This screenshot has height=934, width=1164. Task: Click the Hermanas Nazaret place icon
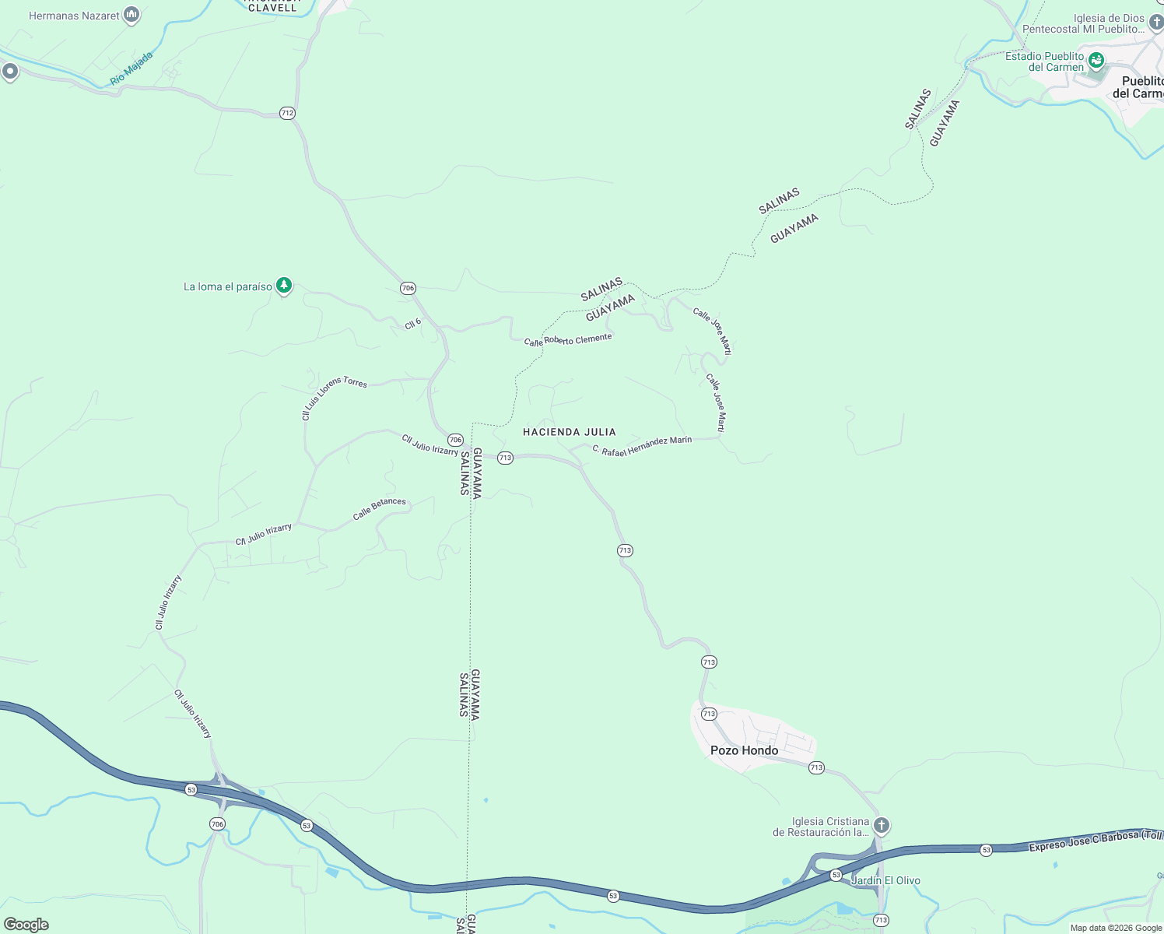tap(131, 15)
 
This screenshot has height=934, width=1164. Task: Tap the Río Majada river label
tap(131, 68)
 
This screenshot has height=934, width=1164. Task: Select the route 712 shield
tap(287, 113)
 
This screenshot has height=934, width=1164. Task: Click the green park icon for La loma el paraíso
tap(285, 286)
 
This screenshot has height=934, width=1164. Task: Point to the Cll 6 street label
tap(413, 324)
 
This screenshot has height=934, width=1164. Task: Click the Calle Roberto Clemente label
tap(568, 340)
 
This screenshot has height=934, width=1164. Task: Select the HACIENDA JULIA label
tap(570, 432)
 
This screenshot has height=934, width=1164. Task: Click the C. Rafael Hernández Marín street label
tap(642, 446)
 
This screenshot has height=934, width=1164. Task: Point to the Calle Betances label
tap(380, 508)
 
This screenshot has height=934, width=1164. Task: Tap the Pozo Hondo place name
tap(744, 750)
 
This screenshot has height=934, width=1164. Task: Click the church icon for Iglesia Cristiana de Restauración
tap(881, 825)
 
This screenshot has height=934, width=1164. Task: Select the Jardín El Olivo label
tap(885, 880)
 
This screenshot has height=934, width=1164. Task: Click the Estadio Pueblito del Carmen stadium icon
tap(1096, 60)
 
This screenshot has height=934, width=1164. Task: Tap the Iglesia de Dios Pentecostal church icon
tap(1156, 22)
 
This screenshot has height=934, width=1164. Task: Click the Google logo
tap(26, 925)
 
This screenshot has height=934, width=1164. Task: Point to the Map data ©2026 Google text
tap(1116, 928)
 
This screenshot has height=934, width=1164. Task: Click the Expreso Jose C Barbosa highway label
tap(1096, 841)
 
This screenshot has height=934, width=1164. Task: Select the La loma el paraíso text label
tap(228, 286)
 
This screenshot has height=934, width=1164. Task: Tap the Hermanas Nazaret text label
tap(75, 16)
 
